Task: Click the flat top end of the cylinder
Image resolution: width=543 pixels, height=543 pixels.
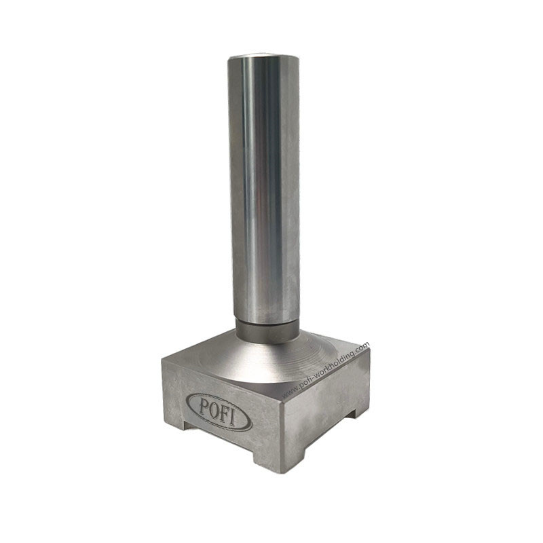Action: pyautogui.click(x=263, y=56)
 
